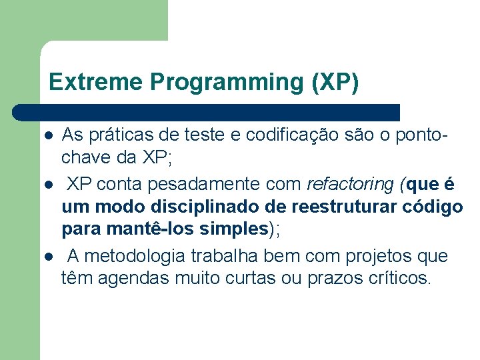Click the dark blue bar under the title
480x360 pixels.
pos(207,112)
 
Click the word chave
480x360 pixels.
pos(84,159)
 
